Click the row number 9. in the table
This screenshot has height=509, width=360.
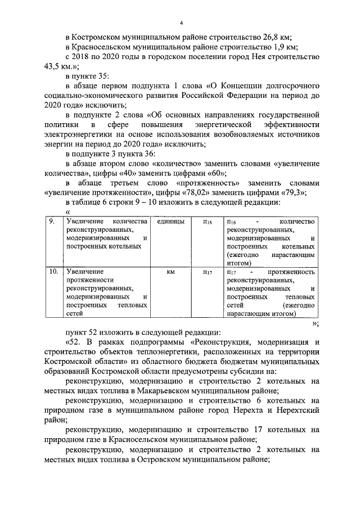52,222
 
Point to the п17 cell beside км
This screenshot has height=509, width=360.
206,272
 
